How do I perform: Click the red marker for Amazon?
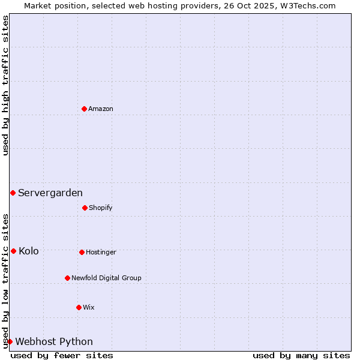[x=84, y=109]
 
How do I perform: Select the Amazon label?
[x=101, y=109]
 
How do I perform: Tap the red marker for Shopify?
[x=85, y=208]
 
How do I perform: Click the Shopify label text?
[x=101, y=208]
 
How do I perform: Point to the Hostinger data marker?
[x=82, y=252]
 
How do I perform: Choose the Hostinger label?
[x=101, y=252]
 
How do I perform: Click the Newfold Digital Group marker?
[x=67, y=278]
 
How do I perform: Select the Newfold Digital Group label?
[x=106, y=278]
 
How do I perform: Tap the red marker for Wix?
[x=79, y=307]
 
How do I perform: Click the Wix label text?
[x=89, y=307]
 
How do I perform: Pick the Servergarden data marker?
[x=13, y=193]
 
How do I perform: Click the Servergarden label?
[x=50, y=193]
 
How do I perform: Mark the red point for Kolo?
[x=13, y=251]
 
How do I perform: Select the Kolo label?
[x=29, y=251]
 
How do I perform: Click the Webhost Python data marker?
[x=10, y=341]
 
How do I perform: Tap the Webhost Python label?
[x=54, y=341]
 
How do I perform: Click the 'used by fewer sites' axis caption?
[x=62, y=355]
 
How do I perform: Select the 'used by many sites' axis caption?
[x=301, y=355]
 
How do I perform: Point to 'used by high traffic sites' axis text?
[x=5, y=85]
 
